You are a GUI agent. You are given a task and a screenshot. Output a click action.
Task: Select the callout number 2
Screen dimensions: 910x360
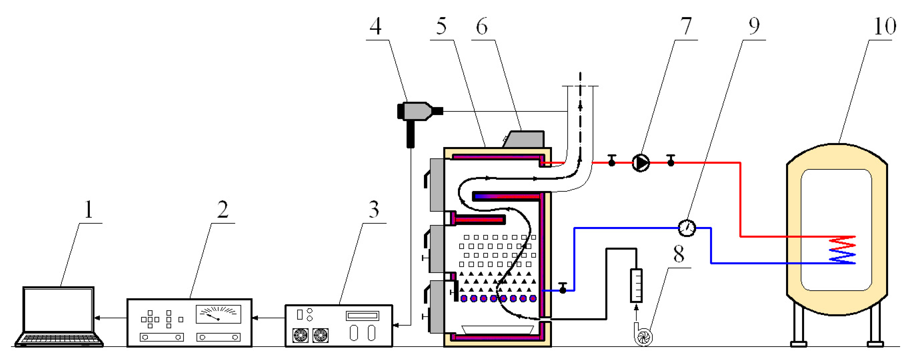(x=223, y=209)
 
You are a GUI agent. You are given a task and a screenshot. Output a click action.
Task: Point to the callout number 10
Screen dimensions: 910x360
(x=884, y=26)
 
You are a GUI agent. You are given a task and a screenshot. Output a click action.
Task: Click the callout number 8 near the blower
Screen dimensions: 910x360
(x=679, y=254)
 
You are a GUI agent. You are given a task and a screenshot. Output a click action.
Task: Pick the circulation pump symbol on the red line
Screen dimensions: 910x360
(x=640, y=163)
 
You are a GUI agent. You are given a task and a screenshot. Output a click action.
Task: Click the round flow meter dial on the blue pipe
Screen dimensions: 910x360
(x=687, y=228)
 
